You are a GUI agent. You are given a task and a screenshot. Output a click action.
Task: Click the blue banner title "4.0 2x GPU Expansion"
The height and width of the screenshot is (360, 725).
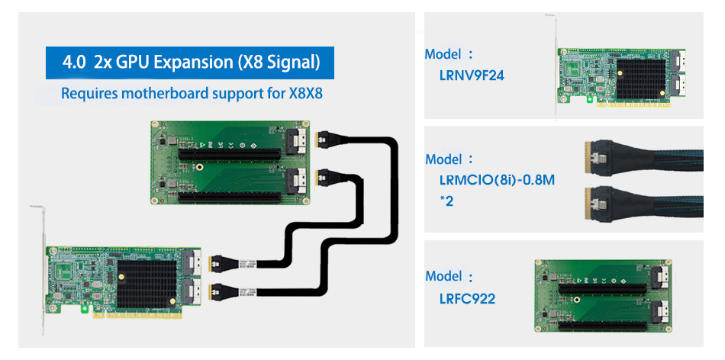coord(192,62)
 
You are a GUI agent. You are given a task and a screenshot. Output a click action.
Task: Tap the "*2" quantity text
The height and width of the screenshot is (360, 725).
coord(447,201)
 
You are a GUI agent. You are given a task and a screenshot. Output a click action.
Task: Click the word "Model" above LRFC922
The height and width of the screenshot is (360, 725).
coord(443,276)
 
